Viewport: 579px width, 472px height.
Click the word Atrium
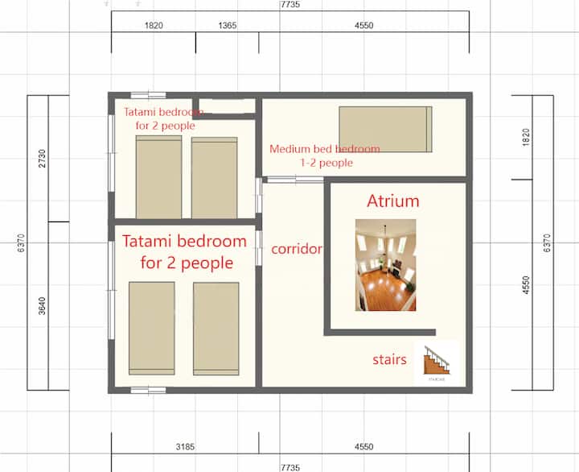pos(393,201)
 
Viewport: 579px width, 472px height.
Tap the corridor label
pos(297,249)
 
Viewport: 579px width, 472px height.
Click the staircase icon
pos(437,361)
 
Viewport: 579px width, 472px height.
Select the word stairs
pos(389,359)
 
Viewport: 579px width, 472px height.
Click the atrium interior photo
pos(385,265)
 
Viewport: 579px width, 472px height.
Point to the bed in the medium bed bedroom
pos(385,129)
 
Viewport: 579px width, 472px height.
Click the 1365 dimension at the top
pos(227,26)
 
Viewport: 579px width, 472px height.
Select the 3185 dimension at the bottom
pos(185,447)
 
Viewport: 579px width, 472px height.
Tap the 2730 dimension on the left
pos(42,159)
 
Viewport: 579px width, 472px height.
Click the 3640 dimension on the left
pos(42,306)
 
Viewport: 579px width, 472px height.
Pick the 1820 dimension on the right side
pos(527,137)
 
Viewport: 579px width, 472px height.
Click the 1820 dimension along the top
pos(154,26)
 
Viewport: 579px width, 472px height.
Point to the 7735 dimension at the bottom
pos(290,467)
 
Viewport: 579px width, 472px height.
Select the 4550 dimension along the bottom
pos(364,447)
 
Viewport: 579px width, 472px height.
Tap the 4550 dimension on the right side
pos(527,285)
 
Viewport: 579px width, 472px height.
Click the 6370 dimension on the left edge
pos(21,243)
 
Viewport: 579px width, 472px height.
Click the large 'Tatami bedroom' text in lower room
pos(184,241)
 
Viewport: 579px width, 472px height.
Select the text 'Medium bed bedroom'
pos(325,149)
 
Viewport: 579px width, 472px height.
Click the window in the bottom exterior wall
pos(149,391)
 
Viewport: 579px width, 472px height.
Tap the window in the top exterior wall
pos(149,95)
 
